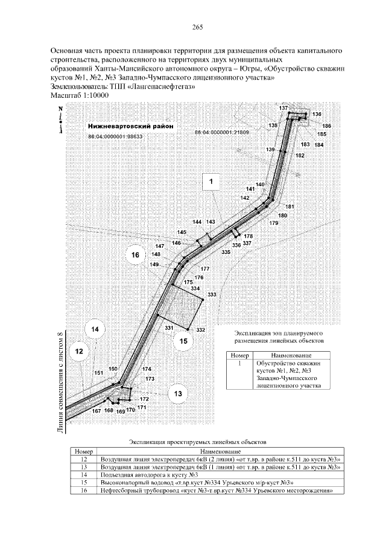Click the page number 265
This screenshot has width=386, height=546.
(197, 27)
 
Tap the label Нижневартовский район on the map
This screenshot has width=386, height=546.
(130, 127)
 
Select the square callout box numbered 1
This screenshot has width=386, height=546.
(212, 180)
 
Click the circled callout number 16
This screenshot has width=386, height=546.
(135, 256)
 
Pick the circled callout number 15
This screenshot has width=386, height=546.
(184, 341)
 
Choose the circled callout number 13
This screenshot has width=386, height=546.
(177, 393)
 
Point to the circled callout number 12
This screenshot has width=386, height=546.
(79, 349)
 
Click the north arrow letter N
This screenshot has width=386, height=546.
(61, 109)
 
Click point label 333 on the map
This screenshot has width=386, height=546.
(212, 294)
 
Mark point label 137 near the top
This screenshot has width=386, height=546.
(283, 108)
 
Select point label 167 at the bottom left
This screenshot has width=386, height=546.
(95, 411)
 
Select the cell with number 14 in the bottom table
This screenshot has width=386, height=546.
(84, 475)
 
